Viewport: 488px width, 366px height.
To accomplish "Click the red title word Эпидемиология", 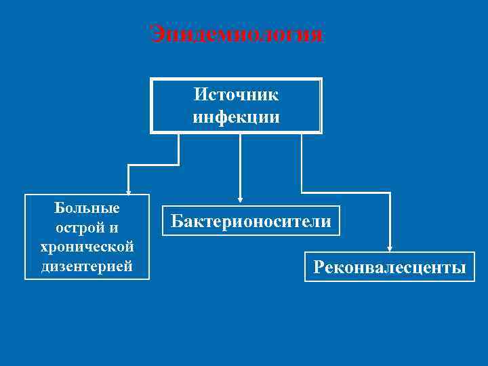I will click(x=237, y=34).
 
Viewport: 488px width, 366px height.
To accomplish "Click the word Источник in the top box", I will click(x=236, y=94).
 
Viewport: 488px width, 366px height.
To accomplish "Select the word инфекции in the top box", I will click(x=236, y=117).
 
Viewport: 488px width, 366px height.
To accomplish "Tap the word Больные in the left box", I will click(x=87, y=207).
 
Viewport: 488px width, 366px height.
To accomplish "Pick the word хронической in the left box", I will click(x=87, y=246).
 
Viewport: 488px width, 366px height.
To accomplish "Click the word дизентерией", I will click(x=87, y=266).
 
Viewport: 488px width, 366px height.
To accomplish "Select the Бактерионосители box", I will click(x=251, y=221).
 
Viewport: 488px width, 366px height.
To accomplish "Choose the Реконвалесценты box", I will click(x=389, y=267).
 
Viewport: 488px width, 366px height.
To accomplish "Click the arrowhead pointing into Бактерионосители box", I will click(x=239, y=201).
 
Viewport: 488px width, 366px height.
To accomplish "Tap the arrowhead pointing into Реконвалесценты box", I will click(x=390, y=247).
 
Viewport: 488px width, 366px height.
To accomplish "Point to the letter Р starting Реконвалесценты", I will click(x=319, y=268).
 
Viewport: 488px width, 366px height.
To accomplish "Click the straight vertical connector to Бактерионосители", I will click(x=239, y=166).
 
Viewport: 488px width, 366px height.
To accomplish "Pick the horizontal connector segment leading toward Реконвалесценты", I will click(x=346, y=193).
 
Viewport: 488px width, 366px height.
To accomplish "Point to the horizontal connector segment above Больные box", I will click(x=153, y=165).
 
